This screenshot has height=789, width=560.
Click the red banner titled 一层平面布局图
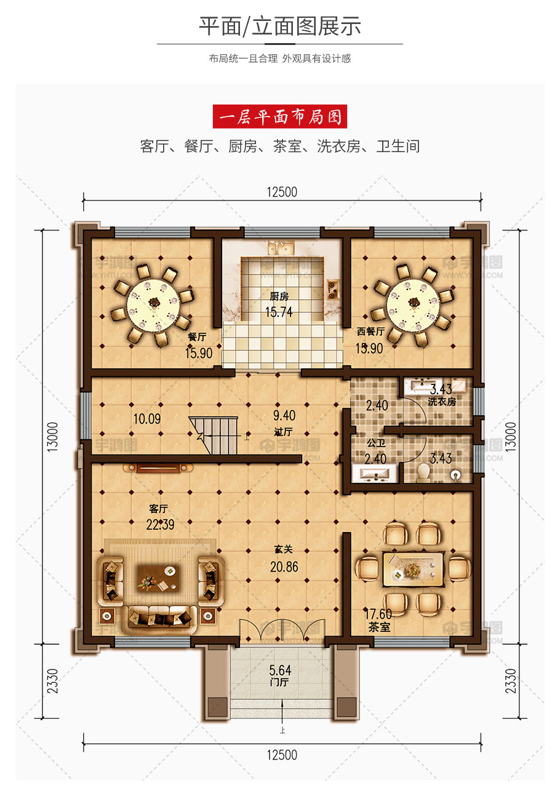280,116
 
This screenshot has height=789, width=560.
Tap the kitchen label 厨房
279,297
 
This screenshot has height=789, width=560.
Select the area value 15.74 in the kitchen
279,312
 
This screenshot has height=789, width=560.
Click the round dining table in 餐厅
153,305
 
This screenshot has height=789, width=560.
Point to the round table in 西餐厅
413,305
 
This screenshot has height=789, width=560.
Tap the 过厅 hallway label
283,432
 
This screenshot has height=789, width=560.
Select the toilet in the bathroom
423,472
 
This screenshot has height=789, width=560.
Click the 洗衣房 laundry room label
442,402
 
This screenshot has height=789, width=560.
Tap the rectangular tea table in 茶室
413,570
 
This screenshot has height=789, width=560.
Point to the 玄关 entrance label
283,549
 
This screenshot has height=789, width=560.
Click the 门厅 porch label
279,682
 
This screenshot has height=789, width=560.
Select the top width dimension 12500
282,192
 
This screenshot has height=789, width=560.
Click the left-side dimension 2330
52,681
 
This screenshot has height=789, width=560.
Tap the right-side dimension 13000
510,437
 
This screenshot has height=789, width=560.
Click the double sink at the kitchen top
281,248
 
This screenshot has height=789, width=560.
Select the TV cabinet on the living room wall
158,468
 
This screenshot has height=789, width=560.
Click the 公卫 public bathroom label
376,443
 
